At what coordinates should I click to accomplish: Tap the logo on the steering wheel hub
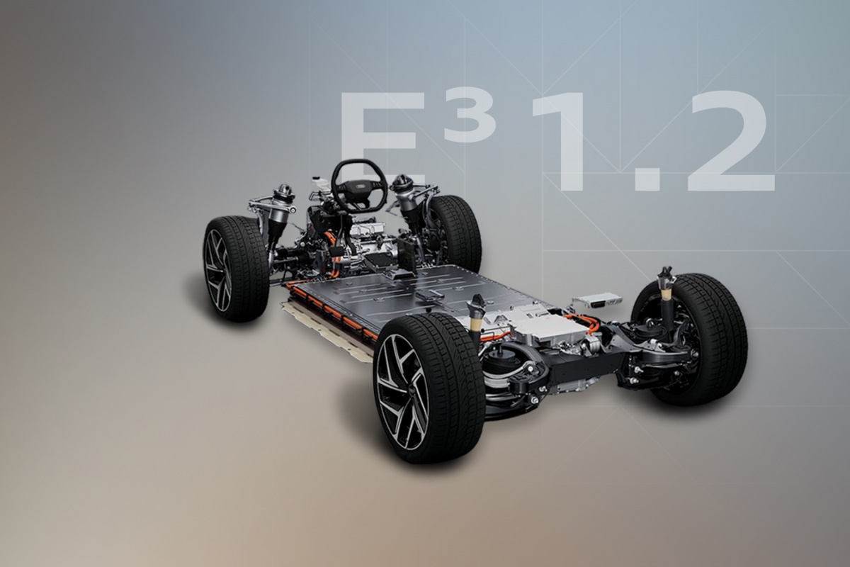tap(360, 186)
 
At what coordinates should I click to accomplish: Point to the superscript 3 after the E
tap(470, 115)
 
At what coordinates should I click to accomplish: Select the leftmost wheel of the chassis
tap(236, 269)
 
